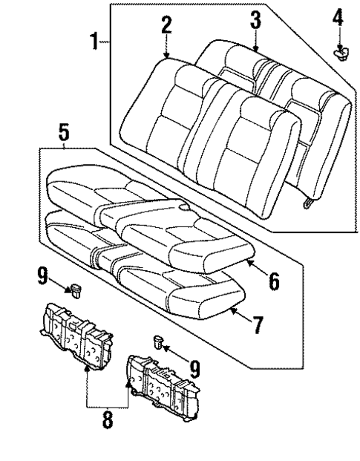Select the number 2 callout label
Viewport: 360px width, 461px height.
pyautogui.click(x=166, y=27)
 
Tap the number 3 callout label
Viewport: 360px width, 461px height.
pyautogui.click(x=255, y=20)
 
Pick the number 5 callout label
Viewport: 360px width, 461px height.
pyautogui.click(x=65, y=134)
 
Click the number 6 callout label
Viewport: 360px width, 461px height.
pyautogui.click(x=274, y=281)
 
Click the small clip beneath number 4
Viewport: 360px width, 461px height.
pyautogui.click(x=341, y=53)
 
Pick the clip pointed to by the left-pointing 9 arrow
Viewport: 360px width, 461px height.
pyautogui.click(x=157, y=341)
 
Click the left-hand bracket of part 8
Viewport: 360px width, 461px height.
pyautogui.click(x=76, y=330)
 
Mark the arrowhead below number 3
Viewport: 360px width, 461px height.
pyautogui.click(x=255, y=49)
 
